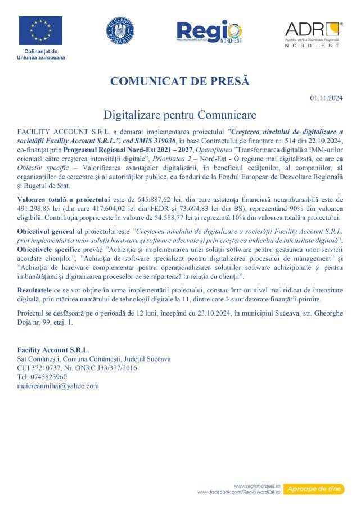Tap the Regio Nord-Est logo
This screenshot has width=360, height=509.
(209, 33)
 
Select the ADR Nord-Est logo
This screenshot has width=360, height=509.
(313, 33)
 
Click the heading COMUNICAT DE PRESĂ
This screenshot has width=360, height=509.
(179, 81)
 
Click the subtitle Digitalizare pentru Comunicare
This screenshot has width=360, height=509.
(180, 115)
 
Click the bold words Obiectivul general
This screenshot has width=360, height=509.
(44, 232)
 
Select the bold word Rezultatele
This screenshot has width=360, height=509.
(35, 288)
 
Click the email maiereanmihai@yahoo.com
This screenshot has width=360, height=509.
(58, 386)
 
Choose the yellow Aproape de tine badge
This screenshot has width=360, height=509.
(313, 489)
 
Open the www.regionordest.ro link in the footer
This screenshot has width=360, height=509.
(256, 485)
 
